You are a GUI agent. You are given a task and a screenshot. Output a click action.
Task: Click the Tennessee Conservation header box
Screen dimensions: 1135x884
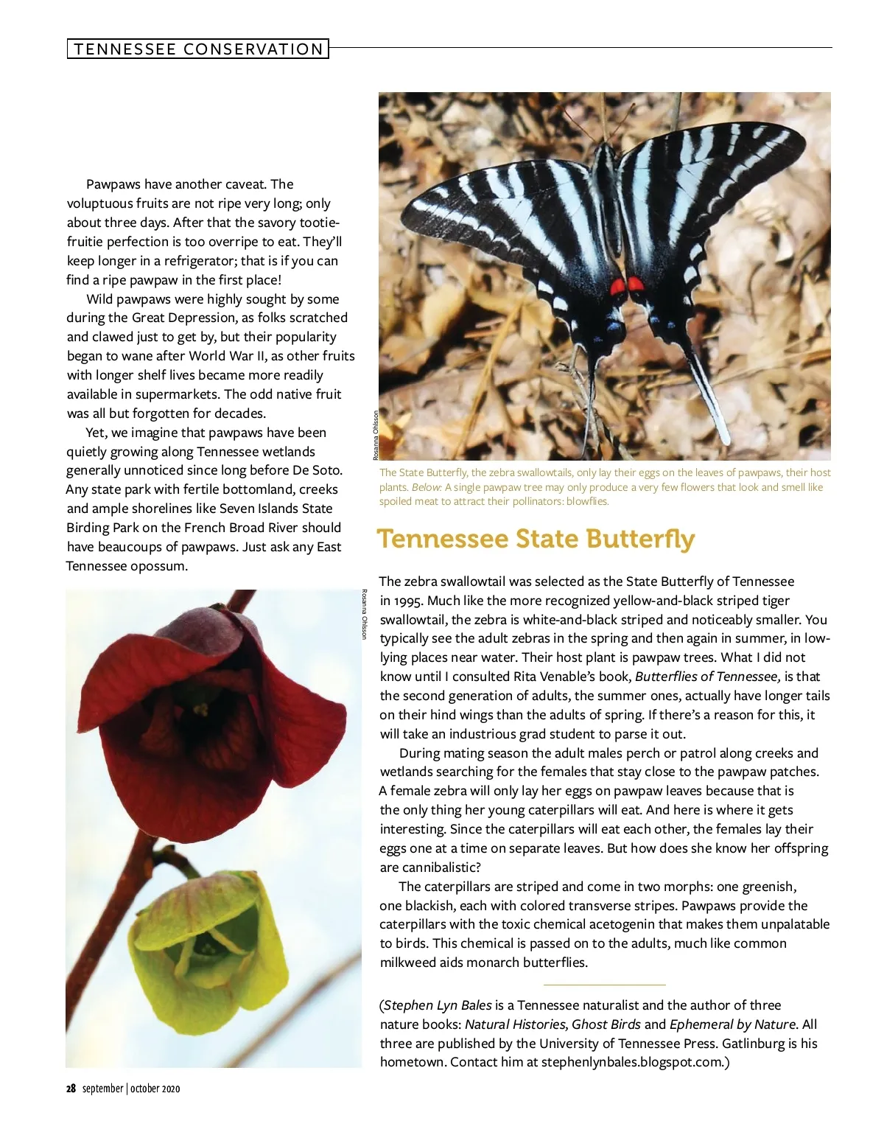(197, 49)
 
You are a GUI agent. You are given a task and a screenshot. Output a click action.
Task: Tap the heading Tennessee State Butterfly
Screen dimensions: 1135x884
(536, 539)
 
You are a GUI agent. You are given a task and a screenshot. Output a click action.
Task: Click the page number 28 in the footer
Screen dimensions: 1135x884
(71, 1089)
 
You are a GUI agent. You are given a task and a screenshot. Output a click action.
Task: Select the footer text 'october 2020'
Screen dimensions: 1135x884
(155, 1089)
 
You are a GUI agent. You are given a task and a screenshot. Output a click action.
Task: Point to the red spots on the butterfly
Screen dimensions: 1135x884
(626, 284)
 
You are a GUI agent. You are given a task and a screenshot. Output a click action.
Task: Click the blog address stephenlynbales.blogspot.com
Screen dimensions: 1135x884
(632, 1062)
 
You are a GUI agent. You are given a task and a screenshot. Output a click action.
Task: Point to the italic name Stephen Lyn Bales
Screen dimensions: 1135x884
(438, 1005)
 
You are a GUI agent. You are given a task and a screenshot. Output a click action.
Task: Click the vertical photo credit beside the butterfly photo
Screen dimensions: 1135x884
(375, 435)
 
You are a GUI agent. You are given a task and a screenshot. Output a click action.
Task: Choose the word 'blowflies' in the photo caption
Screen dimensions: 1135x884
(588, 501)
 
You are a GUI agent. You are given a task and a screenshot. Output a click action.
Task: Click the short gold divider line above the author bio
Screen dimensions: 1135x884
(604, 985)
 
